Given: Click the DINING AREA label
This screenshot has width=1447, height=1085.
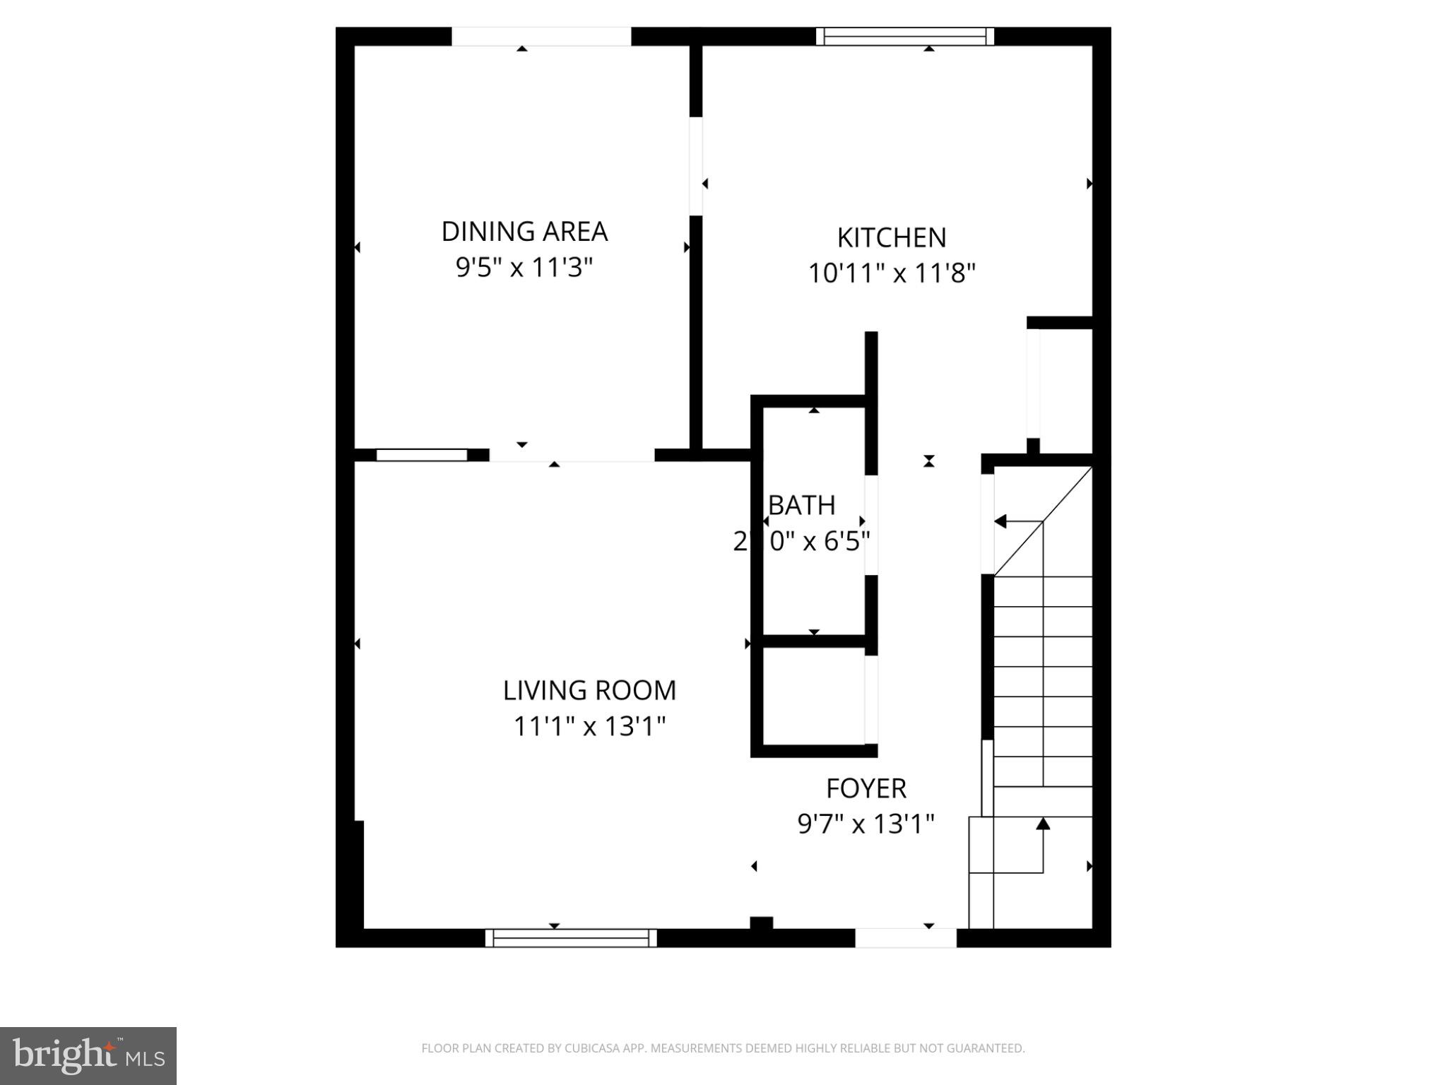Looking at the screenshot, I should pyautogui.click(x=524, y=232).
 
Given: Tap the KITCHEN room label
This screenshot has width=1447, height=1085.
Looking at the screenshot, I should pyautogui.click(x=892, y=238).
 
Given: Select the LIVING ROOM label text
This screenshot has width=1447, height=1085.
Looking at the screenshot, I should pyautogui.click(x=589, y=690).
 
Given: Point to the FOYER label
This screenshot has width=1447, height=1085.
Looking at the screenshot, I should pyautogui.click(x=866, y=788).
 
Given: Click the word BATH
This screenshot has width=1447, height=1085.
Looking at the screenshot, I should pyautogui.click(x=802, y=505).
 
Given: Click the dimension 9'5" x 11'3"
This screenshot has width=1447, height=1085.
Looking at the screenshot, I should pyautogui.click(x=524, y=268).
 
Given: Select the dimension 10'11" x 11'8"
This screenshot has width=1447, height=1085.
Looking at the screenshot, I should pyautogui.click(x=892, y=273).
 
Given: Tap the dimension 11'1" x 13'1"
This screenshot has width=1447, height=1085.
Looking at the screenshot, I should pyautogui.click(x=589, y=726).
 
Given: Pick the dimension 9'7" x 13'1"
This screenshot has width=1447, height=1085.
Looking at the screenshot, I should pyautogui.click(x=866, y=824).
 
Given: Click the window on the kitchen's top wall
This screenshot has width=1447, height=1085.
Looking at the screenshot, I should pyautogui.click(x=904, y=36).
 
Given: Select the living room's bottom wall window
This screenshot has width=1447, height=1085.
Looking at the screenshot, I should pyautogui.click(x=571, y=938).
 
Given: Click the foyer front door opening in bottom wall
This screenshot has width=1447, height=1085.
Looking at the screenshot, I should pyautogui.click(x=906, y=938).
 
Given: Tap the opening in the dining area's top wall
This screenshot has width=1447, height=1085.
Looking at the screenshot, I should pyautogui.click(x=541, y=36).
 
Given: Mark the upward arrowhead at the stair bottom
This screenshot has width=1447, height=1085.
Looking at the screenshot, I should pyautogui.click(x=1043, y=824).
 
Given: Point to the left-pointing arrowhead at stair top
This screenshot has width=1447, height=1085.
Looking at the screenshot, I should pyautogui.click(x=1000, y=521).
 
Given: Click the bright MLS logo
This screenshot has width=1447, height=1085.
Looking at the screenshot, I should pyautogui.click(x=88, y=1055).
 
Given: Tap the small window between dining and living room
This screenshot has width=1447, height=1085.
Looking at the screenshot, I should pyautogui.click(x=422, y=455).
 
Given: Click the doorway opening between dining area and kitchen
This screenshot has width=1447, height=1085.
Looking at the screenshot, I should pyautogui.click(x=696, y=166).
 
